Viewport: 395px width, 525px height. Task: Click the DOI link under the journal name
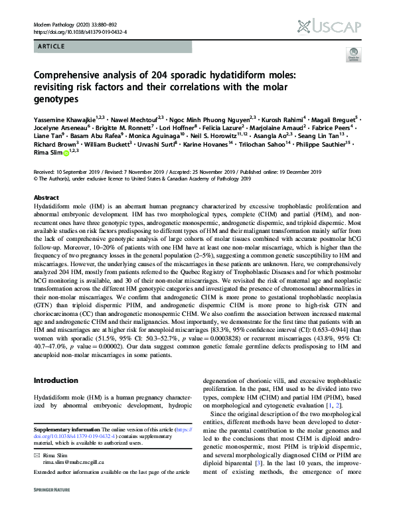tap(80, 31)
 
